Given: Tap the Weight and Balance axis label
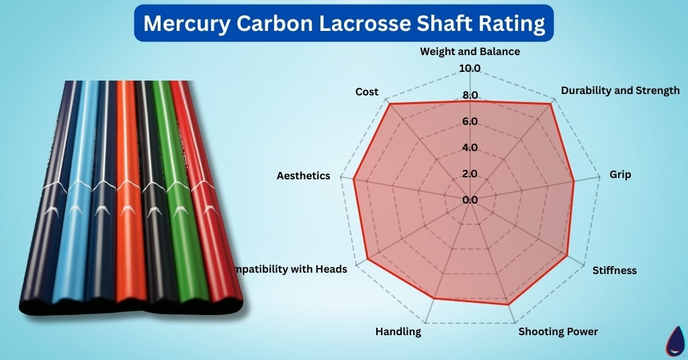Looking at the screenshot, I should click(470, 51).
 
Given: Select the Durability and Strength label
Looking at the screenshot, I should click(620, 90).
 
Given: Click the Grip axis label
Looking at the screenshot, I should click(620, 175).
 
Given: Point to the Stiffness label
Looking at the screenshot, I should click(614, 271).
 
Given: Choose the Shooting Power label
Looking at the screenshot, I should click(558, 332).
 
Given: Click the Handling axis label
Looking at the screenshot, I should click(398, 332).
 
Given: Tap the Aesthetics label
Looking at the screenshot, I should click(304, 175).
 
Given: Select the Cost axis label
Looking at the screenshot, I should click(367, 91).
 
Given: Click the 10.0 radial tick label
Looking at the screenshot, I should click(470, 69).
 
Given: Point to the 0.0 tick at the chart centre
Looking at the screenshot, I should click(470, 199).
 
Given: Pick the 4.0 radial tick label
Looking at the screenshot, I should click(470, 148).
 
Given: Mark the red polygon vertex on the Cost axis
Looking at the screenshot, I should click(389, 104).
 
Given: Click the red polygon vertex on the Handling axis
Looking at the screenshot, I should click(435, 298).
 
